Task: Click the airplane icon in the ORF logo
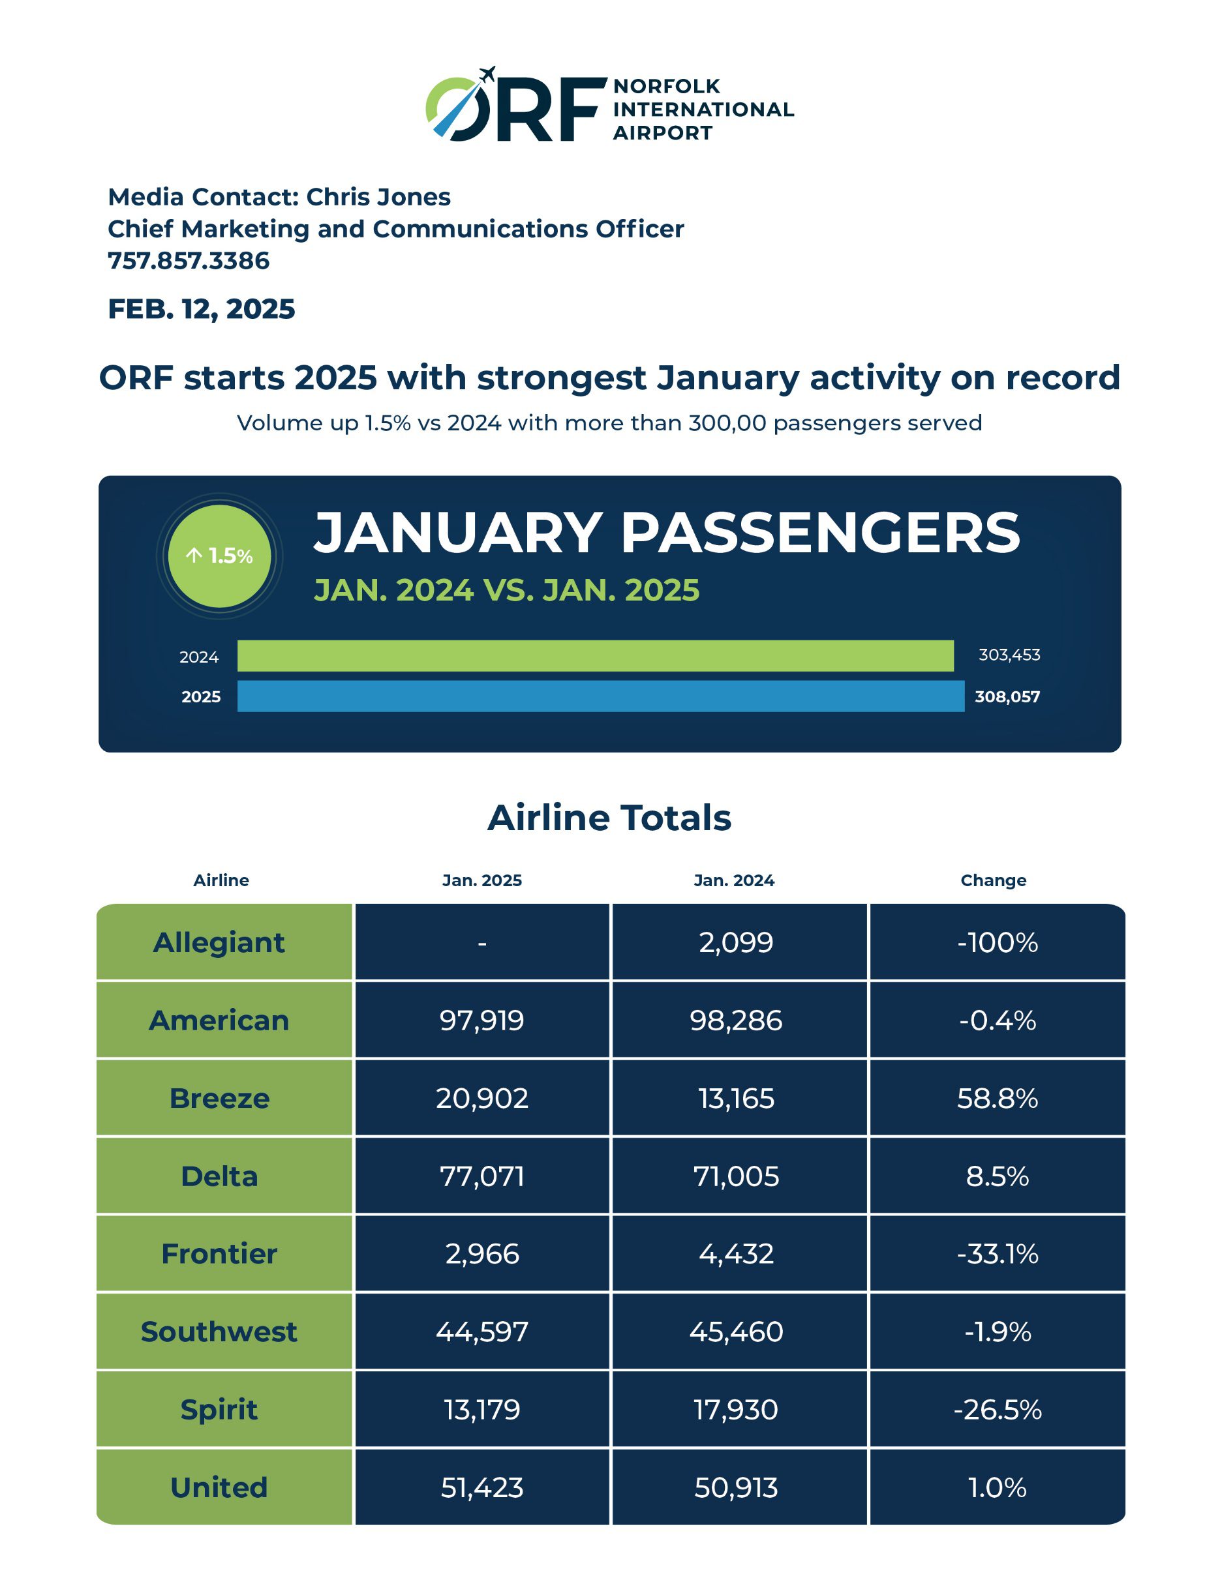(488, 74)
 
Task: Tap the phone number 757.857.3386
(189, 261)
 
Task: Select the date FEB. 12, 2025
(202, 309)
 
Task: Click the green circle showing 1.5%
(219, 556)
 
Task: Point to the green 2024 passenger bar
(596, 655)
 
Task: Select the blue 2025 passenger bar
(601, 696)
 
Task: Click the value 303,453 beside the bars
(1009, 655)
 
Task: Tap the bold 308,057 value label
(1007, 696)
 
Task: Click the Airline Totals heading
(609, 818)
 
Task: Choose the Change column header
(993, 880)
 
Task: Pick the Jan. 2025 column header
(482, 880)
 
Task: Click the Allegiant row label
(219, 942)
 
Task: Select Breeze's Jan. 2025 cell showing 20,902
(482, 1098)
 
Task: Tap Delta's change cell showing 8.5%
(998, 1176)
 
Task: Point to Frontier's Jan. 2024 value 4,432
(736, 1253)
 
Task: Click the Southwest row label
(219, 1332)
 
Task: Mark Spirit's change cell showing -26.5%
(998, 1410)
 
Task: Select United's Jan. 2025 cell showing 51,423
(482, 1487)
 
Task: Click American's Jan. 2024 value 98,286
(736, 1020)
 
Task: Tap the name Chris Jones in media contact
(378, 196)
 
